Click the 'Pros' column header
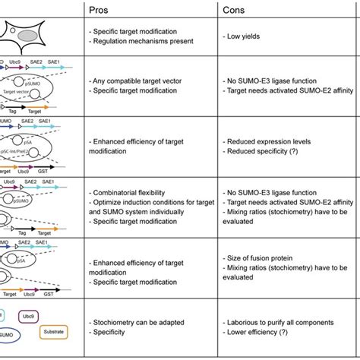(x=99, y=10)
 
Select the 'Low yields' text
(x=251, y=36)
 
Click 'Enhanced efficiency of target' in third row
(x=137, y=142)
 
